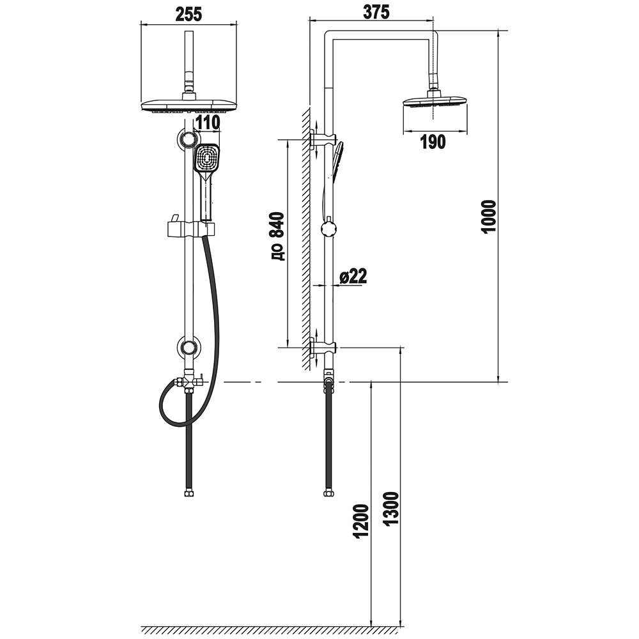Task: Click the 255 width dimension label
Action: (x=189, y=15)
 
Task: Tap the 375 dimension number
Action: (x=376, y=12)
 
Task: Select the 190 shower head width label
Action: (x=433, y=142)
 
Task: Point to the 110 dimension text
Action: (x=208, y=122)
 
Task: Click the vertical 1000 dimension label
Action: (x=489, y=217)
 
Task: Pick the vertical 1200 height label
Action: (x=362, y=521)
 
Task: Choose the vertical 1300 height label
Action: (x=392, y=509)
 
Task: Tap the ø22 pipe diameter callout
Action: (x=353, y=276)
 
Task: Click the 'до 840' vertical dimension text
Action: (x=277, y=236)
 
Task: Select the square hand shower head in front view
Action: (x=208, y=159)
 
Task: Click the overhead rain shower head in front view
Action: (x=189, y=106)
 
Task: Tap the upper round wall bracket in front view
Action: (x=189, y=139)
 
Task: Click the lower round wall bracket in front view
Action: (x=189, y=348)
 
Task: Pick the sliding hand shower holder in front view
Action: (x=190, y=228)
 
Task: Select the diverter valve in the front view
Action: (x=188, y=381)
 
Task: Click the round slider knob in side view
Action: (x=328, y=229)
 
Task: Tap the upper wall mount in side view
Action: (x=323, y=141)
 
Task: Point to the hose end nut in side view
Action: (x=328, y=493)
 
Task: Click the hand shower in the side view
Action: (x=338, y=162)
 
